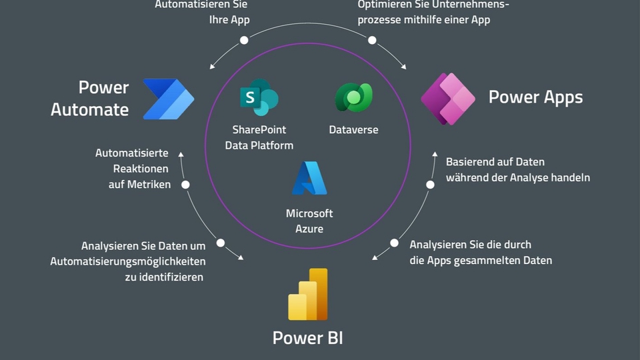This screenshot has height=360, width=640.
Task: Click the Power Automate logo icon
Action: (168, 99)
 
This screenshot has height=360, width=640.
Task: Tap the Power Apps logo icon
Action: (448, 99)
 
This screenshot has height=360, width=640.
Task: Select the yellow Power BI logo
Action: (308, 295)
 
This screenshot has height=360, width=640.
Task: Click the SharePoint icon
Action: (259, 98)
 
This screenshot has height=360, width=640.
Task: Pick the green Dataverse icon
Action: (353, 97)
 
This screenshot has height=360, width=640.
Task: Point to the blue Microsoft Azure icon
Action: (309, 179)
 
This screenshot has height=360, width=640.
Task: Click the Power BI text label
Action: (308, 337)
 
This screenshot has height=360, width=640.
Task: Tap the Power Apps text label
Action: (535, 97)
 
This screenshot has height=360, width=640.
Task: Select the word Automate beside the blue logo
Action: (90, 109)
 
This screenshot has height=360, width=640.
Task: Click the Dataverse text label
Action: (353, 130)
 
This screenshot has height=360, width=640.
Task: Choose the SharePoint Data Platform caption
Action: (259, 137)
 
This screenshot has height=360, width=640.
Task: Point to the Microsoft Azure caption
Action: (309, 221)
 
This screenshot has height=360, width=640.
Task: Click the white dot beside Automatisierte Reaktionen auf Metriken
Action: (186, 185)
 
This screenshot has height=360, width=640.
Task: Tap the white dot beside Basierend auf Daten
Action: (430, 185)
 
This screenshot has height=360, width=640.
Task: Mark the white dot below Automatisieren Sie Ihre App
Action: (244, 40)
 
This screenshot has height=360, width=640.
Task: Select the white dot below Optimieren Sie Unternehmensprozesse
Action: (372, 40)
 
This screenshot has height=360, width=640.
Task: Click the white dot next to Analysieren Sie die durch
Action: (394, 243)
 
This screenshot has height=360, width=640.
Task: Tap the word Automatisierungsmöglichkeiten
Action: (128, 261)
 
